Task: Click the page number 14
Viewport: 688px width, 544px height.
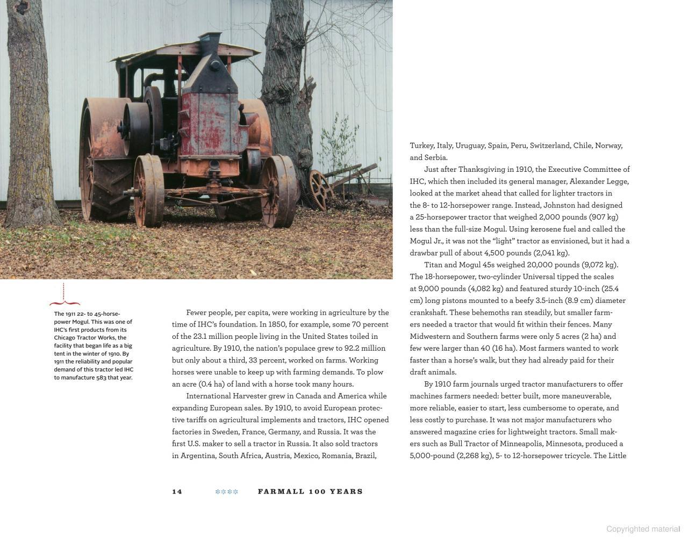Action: click(x=177, y=491)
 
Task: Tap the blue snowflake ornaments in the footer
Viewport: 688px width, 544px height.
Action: click(x=226, y=491)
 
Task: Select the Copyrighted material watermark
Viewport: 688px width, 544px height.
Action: click(x=643, y=529)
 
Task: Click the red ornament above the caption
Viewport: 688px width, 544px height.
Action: click(x=64, y=295)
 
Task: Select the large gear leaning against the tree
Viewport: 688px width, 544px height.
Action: click(x=319, y=189)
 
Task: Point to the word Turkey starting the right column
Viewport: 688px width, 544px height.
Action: click(x=421, y=146)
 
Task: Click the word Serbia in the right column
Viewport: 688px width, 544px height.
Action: click(x=435, y=158)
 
